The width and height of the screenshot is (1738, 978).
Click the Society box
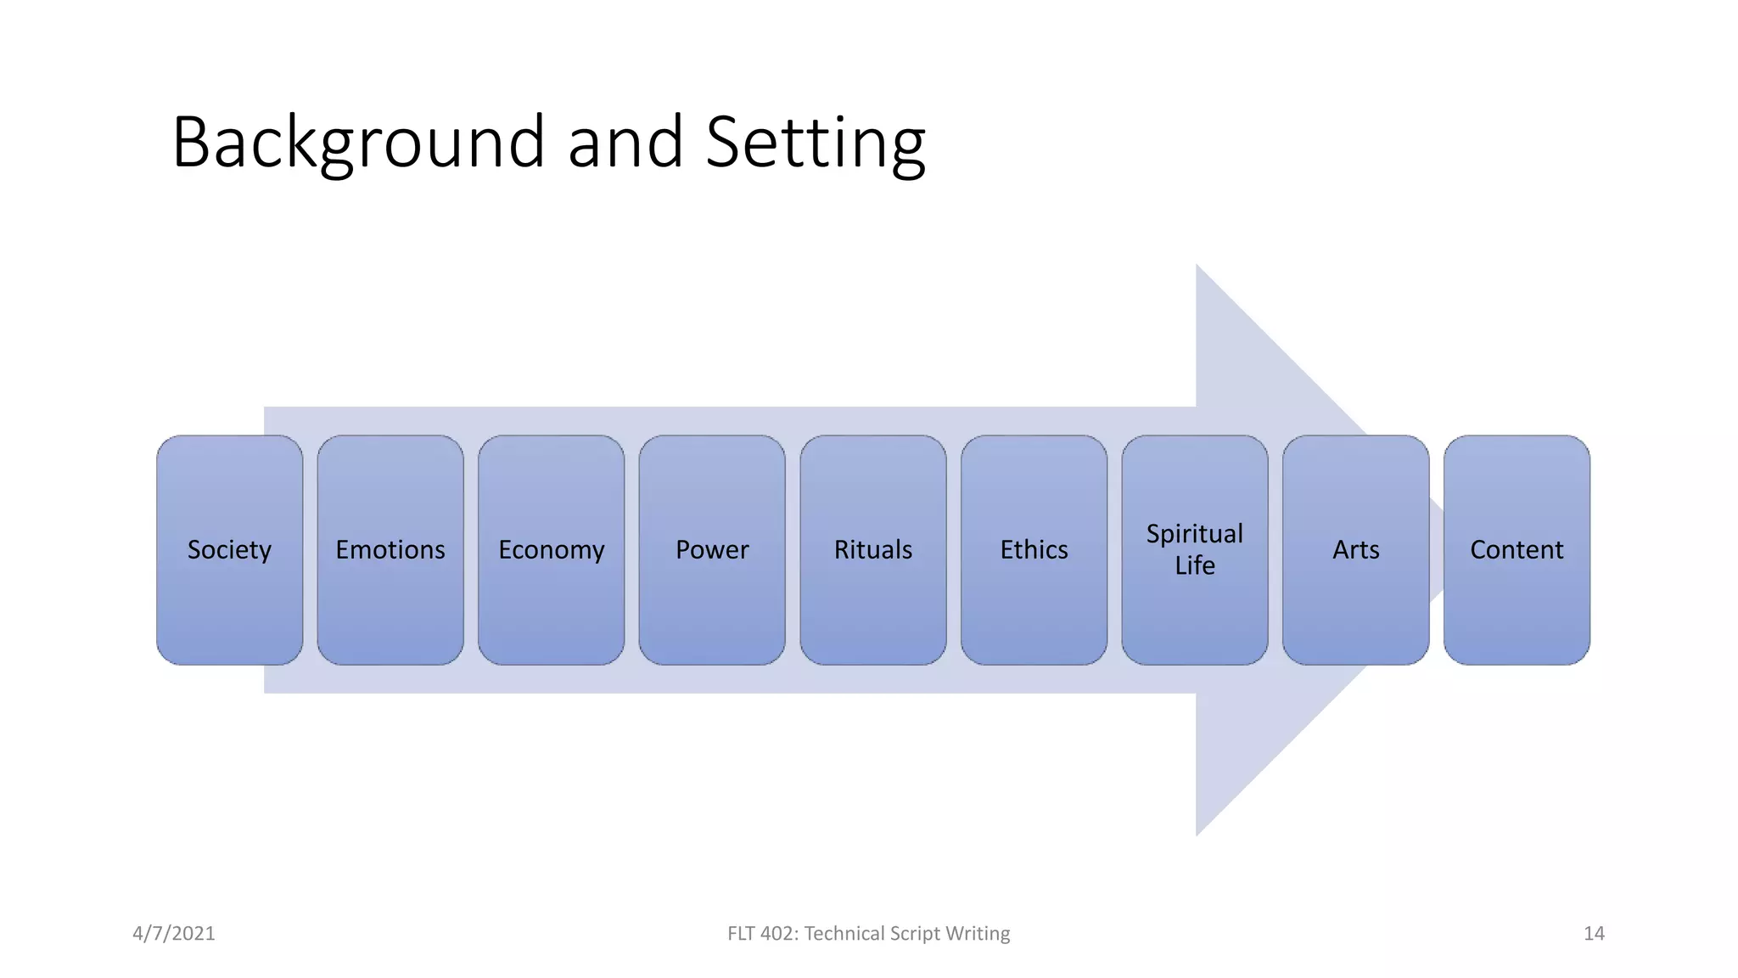229,550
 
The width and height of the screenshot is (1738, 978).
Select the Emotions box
390,550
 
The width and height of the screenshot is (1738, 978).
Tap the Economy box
551,550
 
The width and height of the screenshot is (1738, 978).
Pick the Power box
712,550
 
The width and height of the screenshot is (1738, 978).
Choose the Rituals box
872,550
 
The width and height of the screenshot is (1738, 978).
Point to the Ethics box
1034,550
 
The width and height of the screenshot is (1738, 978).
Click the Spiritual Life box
1194,550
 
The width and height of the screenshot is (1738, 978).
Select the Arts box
1355,550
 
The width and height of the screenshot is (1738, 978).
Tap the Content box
1517,550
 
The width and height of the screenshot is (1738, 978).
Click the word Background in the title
358,143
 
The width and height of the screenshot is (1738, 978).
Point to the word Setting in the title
815,143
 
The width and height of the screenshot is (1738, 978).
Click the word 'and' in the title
625,143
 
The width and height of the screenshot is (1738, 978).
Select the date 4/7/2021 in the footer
174,933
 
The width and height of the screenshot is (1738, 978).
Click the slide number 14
1594,933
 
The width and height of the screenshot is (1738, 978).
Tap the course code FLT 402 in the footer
760,933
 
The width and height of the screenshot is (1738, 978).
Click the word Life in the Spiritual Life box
1194,565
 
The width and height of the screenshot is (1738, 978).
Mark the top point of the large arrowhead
1197,266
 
